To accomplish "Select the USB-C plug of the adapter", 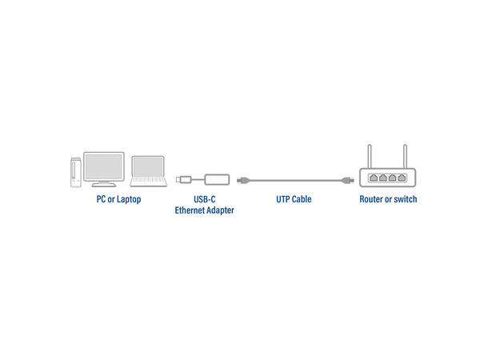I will click(x=183, y=178).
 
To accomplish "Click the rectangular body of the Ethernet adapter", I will click(x=215, y=178).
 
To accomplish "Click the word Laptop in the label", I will click(x=127, y=199).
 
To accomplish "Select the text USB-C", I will click(x=205, y=199).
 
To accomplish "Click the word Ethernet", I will click(x=190, y=210).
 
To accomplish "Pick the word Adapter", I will click(x=220, y=210).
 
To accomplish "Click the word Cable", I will click(x=301, y=199).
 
